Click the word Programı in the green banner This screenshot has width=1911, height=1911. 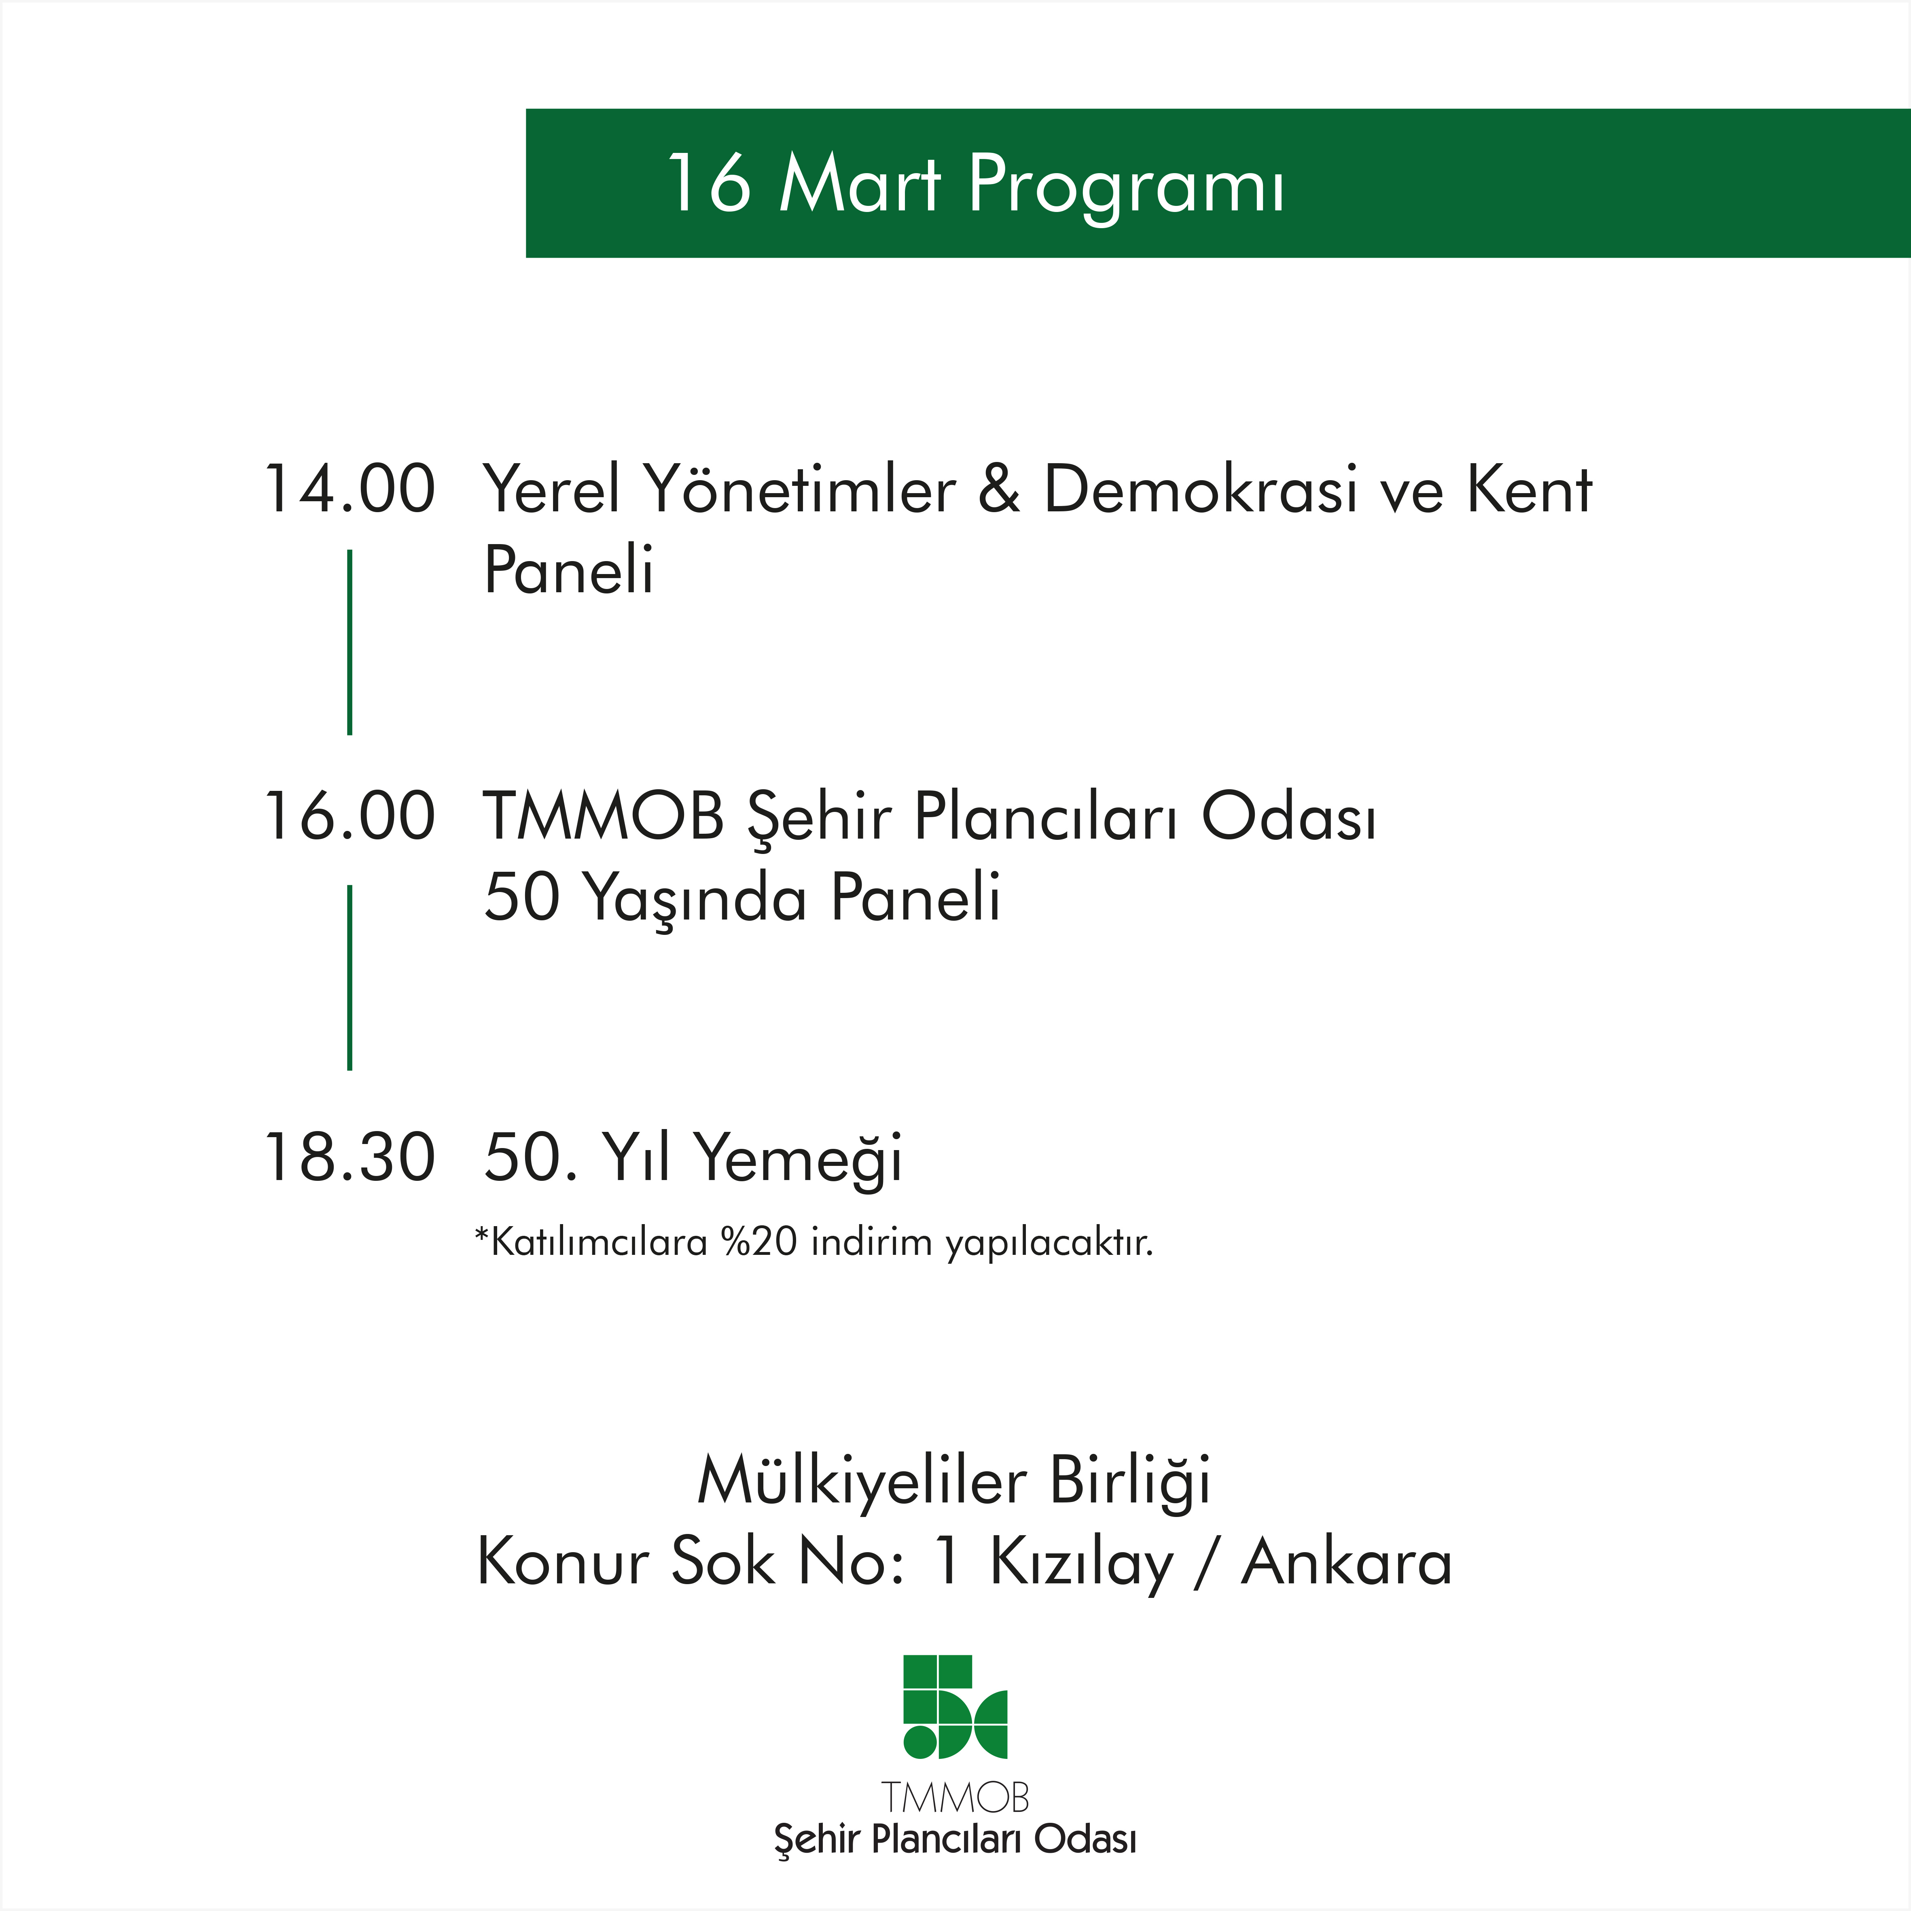point(1127,186)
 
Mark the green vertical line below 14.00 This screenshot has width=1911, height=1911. point(350,643)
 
